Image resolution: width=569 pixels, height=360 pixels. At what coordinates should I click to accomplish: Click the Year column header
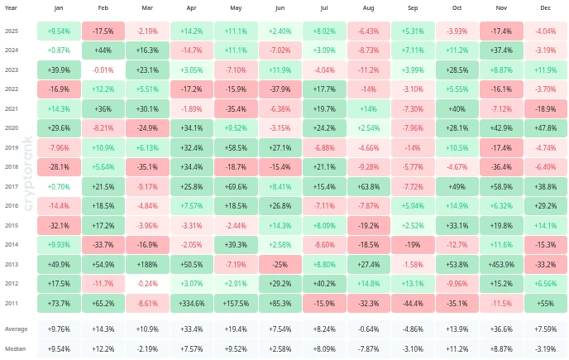(x=12, y=7)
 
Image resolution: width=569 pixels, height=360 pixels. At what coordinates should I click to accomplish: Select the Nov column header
(x=500, y=7)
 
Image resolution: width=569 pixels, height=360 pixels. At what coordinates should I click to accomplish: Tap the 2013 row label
(x=12, y=263)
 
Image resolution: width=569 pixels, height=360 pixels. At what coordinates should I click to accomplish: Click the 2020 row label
(x=12, y=128)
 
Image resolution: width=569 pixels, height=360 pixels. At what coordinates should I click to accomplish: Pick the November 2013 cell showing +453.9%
(x=500, y=263)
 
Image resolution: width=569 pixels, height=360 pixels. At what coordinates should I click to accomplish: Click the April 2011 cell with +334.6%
(x=191, y=303)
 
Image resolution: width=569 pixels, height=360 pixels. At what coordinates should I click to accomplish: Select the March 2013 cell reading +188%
(x=147, y=263)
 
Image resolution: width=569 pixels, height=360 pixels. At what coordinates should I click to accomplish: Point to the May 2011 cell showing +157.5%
(x=236, y=303)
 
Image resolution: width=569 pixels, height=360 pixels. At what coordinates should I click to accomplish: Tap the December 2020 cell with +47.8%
(x=545, y=128)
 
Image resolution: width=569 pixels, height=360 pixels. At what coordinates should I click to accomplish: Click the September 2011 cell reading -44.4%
(x=412, y=303)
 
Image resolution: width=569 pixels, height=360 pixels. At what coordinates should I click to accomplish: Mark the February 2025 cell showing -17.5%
(x=103, y=31)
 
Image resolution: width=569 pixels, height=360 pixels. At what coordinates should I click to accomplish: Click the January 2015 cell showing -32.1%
(x=59, y=225)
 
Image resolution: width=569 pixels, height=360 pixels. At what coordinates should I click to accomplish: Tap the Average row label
(x=16, y=329)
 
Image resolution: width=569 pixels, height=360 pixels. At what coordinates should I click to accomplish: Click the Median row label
(x=15, y=348)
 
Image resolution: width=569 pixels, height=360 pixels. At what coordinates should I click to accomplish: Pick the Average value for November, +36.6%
(x=500, y=329)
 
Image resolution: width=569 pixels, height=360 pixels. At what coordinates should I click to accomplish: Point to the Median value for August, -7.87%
(x=368, y=348)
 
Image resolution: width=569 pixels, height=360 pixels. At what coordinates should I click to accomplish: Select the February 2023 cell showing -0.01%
(x=103, y=70)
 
